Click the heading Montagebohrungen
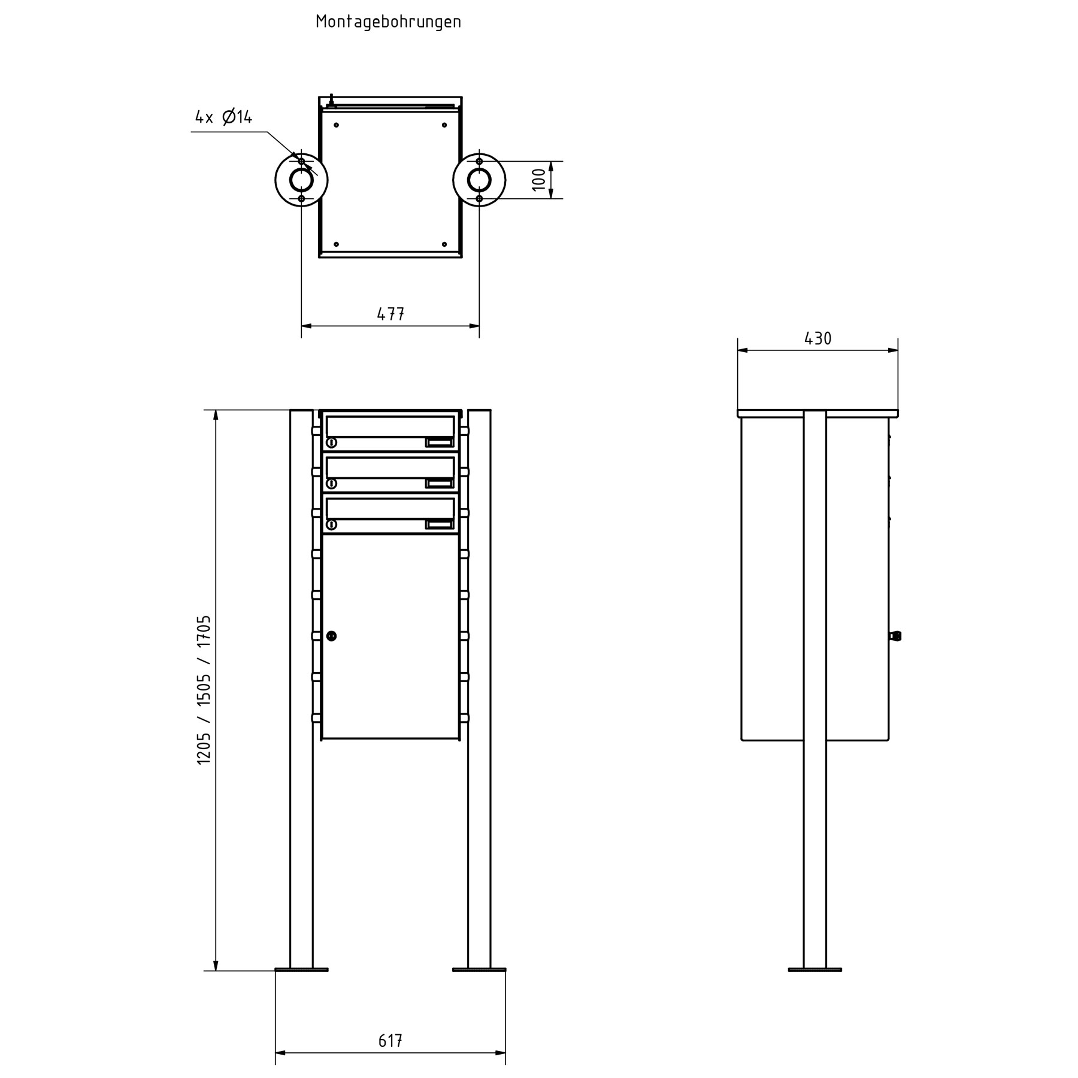click(388, 22)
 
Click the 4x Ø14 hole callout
click(224, 117)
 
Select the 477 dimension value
click(390, 314)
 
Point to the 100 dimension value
click(539, 180)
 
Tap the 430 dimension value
click(817, 339)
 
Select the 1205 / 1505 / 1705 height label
click(204, 689)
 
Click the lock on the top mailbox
click(331, 443)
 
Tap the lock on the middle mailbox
click(331, 484)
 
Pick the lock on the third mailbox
click(331, 525)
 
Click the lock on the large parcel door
click(331, 636)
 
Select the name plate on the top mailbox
click(439, 443)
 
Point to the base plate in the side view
click(814, 919)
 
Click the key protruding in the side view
click(897, 636)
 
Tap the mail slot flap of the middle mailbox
click(389, 468)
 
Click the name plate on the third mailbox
click(439, 525)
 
